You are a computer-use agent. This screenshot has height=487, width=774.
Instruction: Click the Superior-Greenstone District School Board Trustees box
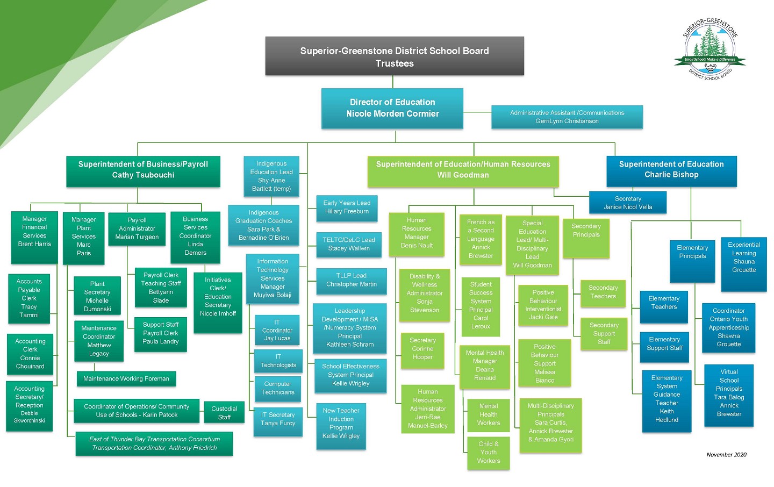point(394,56)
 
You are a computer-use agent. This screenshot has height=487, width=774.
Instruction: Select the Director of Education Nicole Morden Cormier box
point(392,108)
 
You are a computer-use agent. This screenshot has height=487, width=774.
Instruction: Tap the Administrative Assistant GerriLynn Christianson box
point(567,117)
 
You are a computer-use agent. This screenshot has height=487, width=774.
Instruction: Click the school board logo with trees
point(710,50)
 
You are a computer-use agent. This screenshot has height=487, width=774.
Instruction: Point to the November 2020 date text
point(726,454)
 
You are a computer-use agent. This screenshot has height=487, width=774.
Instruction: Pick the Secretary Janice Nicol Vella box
point(628,203)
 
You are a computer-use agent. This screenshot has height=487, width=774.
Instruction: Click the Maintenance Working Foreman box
point(126,378)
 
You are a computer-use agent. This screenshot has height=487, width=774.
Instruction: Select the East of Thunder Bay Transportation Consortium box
point(154,443)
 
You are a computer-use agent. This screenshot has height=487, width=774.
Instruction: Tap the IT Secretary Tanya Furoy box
point(278,419)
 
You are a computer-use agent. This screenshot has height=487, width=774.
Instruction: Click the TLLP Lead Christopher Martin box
point(352,281)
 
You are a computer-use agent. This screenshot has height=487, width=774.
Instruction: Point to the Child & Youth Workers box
point(488,453)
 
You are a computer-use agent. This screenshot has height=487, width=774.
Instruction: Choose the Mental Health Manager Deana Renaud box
point(484,366)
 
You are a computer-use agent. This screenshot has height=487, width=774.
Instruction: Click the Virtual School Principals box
point(729,393)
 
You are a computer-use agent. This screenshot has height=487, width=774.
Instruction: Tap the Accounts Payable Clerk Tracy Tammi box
point(29,298)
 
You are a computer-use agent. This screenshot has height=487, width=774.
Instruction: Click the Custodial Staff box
point(224,413)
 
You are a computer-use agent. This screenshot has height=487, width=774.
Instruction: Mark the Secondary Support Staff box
point(604,334)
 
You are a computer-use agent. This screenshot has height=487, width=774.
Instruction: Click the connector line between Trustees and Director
point(393,82)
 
